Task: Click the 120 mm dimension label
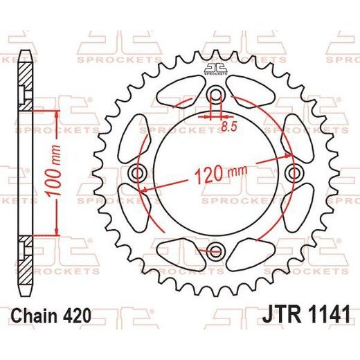tap(221, 173)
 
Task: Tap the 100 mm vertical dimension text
tap(54, 171)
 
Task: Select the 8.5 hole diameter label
tap(229, 127)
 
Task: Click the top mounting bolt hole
tap(215, 94)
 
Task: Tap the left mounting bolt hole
tap(137, 173)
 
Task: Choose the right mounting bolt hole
tap(294, 172)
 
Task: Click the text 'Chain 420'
tap(51, 316)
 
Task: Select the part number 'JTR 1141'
tap(306, 314)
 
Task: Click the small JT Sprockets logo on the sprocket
tap(215, 69)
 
